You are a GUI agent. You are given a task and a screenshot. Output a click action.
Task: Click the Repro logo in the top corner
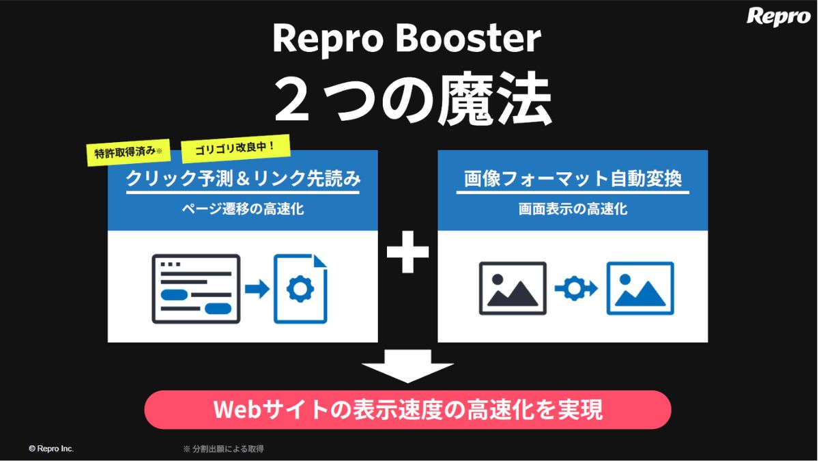pos(778,16)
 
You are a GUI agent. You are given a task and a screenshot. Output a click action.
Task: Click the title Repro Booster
pos(407,39)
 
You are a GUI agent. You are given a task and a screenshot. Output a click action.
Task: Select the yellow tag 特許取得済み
pos(128,153)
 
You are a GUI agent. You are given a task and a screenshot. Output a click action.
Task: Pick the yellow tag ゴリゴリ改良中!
pos(236,148)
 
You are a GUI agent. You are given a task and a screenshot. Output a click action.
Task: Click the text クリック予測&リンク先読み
pos(243,180)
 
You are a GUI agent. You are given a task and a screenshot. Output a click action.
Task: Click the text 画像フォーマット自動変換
pos(573,180)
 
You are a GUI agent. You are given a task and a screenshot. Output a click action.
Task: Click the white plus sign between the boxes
pos(407,252)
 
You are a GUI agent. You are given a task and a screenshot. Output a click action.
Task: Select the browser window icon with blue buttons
pos(196,288)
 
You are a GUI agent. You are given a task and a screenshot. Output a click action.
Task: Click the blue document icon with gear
pos(300,289)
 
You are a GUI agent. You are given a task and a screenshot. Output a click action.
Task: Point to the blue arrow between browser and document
pos(257,289)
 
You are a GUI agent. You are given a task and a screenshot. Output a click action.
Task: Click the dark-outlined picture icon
pos(513,288)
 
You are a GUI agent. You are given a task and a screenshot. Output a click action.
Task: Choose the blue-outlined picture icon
pos(640,288)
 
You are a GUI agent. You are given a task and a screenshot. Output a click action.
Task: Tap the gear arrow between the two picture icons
pos(576,289)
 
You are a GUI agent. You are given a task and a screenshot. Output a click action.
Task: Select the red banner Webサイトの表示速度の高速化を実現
pos(407,410)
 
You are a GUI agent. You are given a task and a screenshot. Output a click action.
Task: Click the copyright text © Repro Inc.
pos(51,449)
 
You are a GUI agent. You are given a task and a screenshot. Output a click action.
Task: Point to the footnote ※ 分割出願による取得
pos(223,449)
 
